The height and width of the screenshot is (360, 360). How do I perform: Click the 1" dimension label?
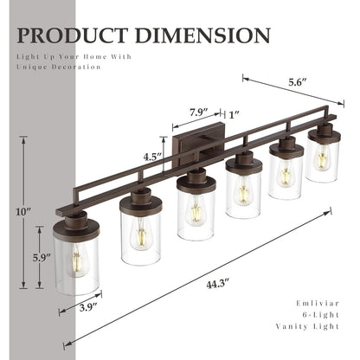point(235,112)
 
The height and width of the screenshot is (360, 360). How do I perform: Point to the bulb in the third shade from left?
point(196,210)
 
